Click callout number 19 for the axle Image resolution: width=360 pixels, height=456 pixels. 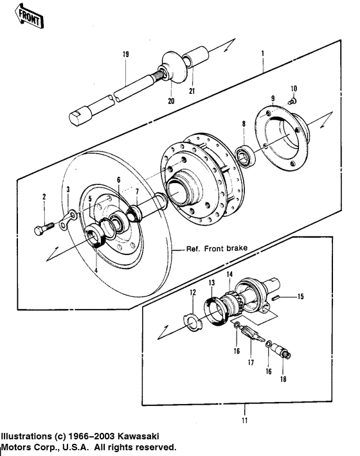pos(126,55)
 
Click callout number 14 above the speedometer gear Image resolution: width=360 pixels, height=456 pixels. pos(228,275)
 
